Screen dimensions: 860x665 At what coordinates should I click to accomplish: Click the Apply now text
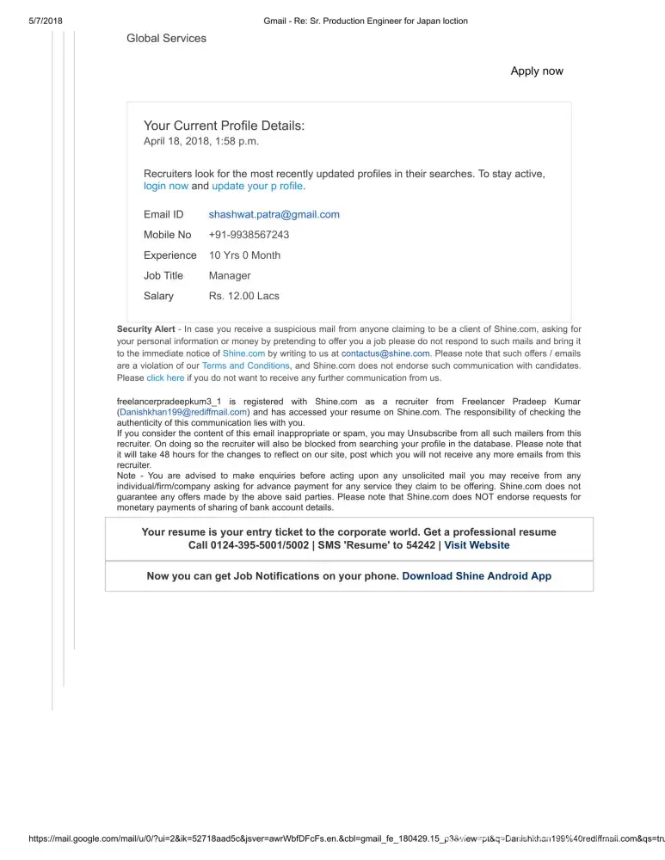click(537, 71)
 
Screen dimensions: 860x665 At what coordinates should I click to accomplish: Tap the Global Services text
click(166, 38)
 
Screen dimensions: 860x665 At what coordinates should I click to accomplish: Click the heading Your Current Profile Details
click(224, 126)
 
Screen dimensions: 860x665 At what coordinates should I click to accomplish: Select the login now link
click(166, 186)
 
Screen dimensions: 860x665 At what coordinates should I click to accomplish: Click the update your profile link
click(257, 186)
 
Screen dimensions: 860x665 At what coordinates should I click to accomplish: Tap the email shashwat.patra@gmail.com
click(274, 214)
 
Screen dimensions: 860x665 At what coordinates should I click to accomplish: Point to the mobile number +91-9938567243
click(249, 235)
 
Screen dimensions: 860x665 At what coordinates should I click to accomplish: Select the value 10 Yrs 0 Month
click(244, 255)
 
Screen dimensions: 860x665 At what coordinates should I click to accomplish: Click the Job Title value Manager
click(230, 276)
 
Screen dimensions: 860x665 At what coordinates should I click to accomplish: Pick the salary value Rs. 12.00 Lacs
click(243, 296)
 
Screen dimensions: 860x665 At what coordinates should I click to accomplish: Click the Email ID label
click(163, 214)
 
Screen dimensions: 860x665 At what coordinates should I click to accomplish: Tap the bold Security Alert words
click(146, 329)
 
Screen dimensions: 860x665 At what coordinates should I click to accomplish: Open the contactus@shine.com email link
click(385, 353)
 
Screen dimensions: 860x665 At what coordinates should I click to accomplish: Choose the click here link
click(165, 378)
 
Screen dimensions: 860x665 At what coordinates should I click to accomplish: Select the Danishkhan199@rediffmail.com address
click(183, 412)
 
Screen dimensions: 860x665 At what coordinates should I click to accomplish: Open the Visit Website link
click(477, 545)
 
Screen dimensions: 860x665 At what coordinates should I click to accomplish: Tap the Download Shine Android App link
click(477, 576)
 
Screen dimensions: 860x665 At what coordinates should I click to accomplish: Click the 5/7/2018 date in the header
click(34, 21)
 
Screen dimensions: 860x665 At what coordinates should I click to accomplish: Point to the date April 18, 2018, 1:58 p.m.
click(200, 141)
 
